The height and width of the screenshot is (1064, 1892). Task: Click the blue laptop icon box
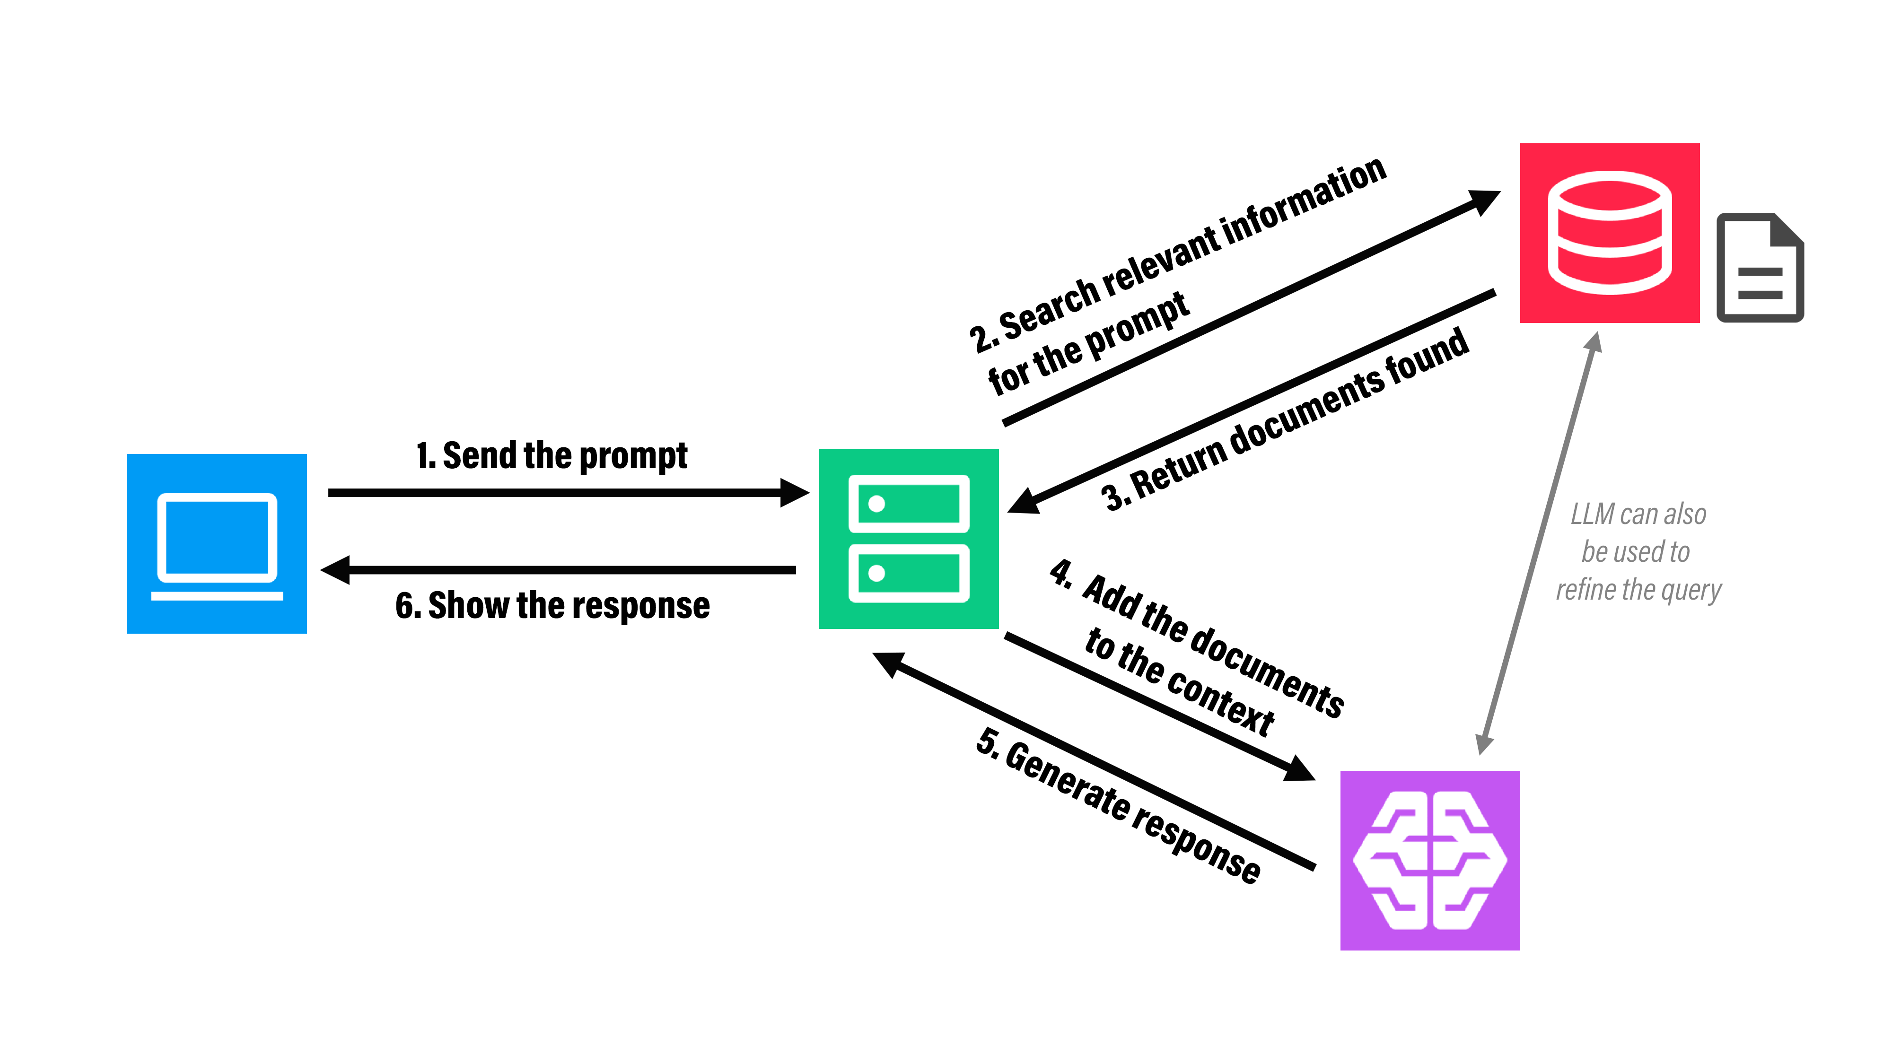(217, 543)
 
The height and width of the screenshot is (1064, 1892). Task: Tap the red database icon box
(1609, 233)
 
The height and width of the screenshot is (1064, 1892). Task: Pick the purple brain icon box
(1429, 860)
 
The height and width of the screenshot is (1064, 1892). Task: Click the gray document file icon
(1760, 268)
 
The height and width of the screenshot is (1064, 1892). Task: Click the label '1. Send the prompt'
(552, 456)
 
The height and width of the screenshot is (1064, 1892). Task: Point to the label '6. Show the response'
(552, 606)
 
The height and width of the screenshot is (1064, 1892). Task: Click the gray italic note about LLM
(1638, 551)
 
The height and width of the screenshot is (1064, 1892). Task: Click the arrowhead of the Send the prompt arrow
(795, 493)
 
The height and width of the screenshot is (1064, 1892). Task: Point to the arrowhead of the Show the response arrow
(336, 570)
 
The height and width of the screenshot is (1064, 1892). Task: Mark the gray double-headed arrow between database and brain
(1539, 543)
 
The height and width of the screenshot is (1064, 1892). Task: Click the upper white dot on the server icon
(876, 504)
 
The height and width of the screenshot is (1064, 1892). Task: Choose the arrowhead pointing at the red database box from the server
(1484, 201)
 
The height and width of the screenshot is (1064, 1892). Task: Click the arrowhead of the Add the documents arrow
(1298, 769)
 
